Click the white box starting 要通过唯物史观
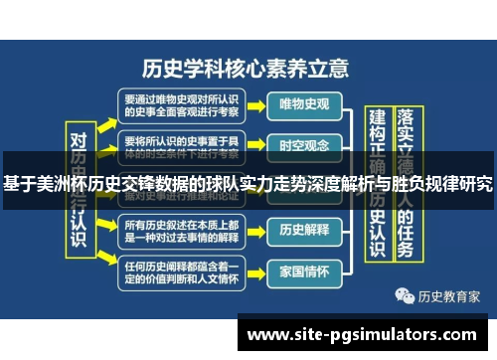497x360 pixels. (x=180, y=104)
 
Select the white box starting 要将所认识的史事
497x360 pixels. (x=180, y=145)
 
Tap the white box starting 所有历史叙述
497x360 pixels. (x=180, y=230)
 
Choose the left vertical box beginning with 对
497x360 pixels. (x=80, y=189)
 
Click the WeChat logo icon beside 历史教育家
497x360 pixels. (x=405, y=296)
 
